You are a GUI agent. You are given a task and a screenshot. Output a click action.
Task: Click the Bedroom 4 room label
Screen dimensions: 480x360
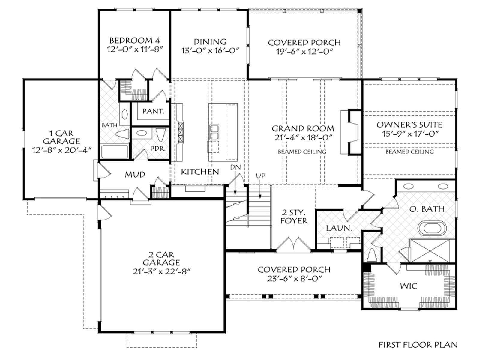135,40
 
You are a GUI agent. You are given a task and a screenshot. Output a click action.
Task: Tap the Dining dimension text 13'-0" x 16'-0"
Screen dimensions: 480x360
210,50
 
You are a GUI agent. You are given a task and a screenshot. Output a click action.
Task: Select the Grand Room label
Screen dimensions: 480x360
303,128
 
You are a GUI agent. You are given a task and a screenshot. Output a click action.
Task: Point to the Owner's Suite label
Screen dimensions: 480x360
409,124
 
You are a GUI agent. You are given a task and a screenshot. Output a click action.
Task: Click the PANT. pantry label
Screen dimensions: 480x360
154,111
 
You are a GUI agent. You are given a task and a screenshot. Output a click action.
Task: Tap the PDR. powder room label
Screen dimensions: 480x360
158,148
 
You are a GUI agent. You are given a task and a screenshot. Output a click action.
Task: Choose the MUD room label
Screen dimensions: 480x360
135,174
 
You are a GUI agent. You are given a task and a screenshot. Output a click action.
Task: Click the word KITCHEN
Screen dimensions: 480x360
200,172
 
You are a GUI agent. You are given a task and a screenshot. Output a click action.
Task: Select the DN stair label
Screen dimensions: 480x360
235,167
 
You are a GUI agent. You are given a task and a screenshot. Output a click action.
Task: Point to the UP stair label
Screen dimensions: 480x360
261,175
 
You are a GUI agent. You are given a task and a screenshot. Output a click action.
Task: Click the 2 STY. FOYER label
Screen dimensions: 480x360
294,217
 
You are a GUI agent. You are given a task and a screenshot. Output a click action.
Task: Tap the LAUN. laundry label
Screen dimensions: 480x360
339,228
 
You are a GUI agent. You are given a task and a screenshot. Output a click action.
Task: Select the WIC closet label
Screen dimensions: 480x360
409,286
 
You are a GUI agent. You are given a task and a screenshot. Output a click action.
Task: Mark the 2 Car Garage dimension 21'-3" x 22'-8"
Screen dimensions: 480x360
162,271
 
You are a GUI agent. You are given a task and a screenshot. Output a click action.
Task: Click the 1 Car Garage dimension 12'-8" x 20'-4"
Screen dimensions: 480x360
62,150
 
